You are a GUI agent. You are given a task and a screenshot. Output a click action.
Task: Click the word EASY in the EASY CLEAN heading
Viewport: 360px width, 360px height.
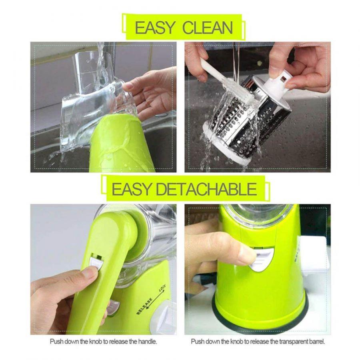(x=155, y=28)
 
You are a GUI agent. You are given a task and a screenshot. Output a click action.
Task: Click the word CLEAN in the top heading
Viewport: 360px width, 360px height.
(x=207, y=28)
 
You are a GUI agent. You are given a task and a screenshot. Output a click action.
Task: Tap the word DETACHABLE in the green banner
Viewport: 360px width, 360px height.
(x=206, y=189)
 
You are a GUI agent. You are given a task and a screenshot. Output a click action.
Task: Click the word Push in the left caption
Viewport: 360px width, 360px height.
(x=56, y=342)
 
